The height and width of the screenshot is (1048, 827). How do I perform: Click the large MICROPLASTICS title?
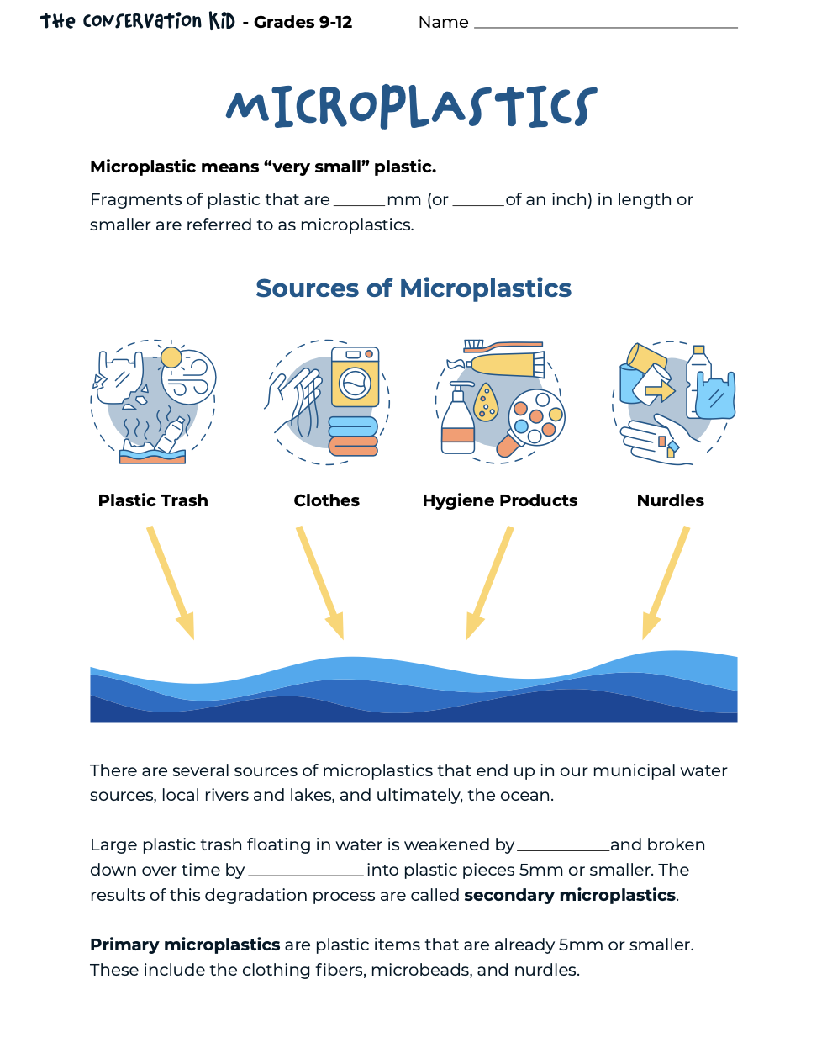412,107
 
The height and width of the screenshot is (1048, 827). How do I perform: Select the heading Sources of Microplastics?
413,288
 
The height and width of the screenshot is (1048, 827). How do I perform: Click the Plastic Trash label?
153,500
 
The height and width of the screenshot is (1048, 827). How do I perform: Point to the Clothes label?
326,500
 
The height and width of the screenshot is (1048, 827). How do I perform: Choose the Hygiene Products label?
500,500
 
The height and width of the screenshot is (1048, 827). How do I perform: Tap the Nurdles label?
671,500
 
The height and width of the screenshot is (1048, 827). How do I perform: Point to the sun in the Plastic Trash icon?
171,357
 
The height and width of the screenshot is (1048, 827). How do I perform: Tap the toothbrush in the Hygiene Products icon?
503,345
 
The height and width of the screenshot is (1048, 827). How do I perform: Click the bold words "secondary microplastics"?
570,895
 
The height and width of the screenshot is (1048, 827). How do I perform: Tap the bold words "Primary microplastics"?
185,945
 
